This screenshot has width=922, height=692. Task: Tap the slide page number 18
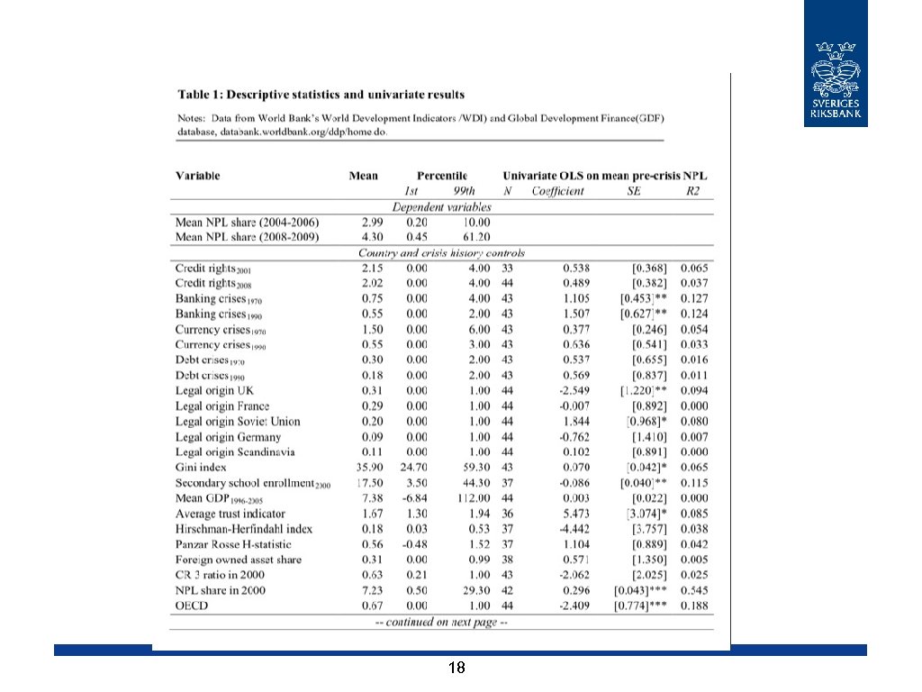(x=456, y=668)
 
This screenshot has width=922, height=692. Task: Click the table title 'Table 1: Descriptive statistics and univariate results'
(x=321, y=94)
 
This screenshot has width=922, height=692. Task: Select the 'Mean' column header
(x=364, y=176)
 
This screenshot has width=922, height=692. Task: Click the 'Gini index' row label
(x=201, y=468)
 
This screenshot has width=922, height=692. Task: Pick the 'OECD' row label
(x=192, y=605)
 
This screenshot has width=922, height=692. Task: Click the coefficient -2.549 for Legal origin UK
(x=572, y=390)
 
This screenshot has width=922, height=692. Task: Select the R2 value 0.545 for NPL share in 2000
(x=694, y=590)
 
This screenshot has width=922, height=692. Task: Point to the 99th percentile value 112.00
(x=472, y=498)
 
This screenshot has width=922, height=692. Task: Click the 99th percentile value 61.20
(x=475, y=237)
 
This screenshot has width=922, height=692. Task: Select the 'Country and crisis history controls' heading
(x=441, y=253)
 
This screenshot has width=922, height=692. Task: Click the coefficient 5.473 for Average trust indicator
(x=574, y=514)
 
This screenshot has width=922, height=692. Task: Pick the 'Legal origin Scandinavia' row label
(x=235, y=452)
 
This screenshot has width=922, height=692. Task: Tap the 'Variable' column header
(x=197, y=176)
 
